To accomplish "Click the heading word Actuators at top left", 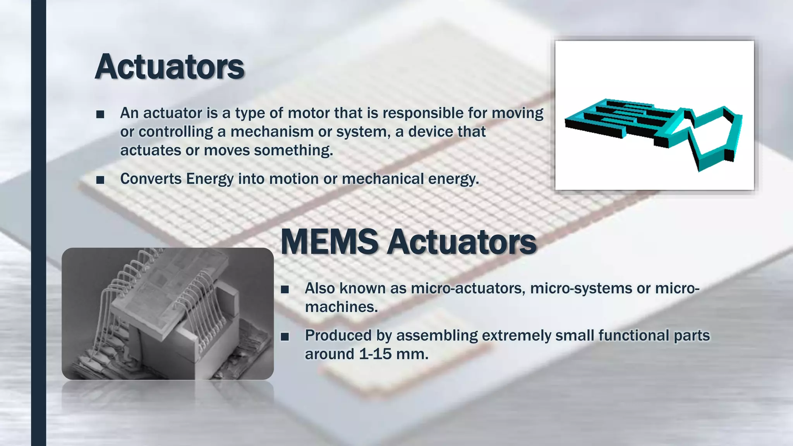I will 170,67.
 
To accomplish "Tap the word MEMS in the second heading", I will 329,242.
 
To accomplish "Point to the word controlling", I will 176,132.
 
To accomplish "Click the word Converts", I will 151,179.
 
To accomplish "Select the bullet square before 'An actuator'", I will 100,114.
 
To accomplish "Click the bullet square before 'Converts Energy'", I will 100,180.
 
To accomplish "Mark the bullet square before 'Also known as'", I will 285,290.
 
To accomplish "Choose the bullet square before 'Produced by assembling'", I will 285,337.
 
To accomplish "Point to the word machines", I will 341,307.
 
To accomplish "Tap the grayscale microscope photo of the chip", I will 168,314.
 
